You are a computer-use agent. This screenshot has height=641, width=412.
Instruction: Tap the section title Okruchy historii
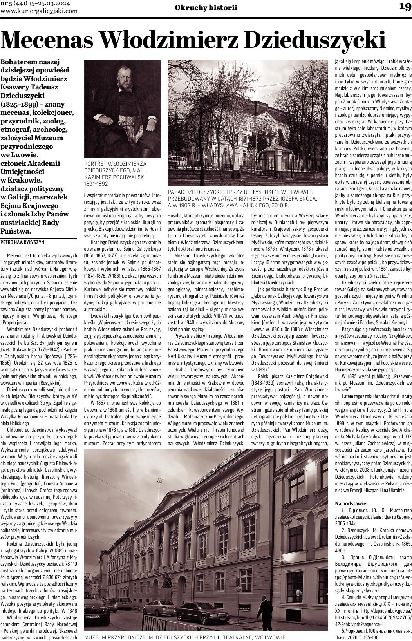(x=206, y=7)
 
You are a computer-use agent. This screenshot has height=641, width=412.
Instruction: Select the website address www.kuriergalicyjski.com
(x=39, y=11)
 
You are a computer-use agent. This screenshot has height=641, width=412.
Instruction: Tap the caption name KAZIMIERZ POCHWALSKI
(x=116, y=177)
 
